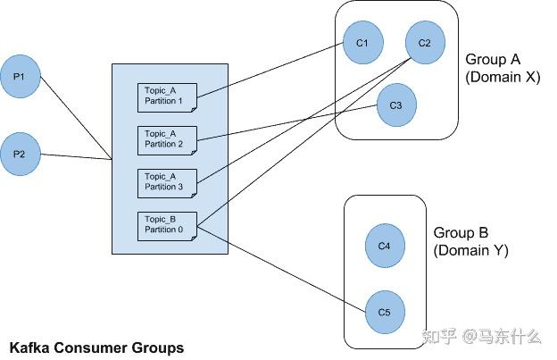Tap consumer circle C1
pyautogui.click(x=362, y=43)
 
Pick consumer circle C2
pyautogui.click(x=424, y=43)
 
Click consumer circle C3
pyautogui.click(x=396, y=105)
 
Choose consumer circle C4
pyautogui.click(x=385, y=245)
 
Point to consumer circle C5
pyautogui.click(x=385, y=312)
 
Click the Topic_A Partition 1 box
pyautogui.click(x=167, y=96)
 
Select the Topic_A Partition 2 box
pyautogui.click(x=167, y=139)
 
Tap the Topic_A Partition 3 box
pyautogui.click(x=167, y=181)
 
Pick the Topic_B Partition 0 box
pyautogui.click(x=167, y=224)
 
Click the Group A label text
pyautogui.click(x=492, y=60)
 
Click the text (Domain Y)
pyautogui.click(x=471, y=251)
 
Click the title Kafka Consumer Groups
pyautogui.click(x=96, y=347)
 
